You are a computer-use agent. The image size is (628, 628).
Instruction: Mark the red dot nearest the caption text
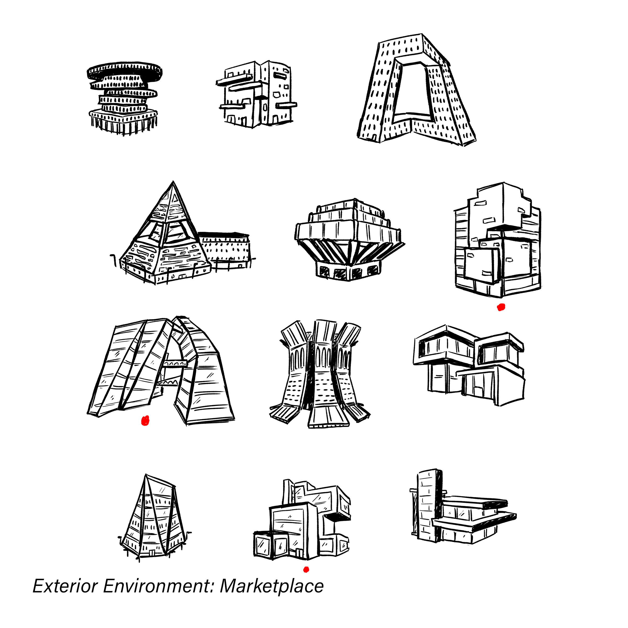[x=306, y=569]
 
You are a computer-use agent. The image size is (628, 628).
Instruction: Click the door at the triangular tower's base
[x=152, y=553]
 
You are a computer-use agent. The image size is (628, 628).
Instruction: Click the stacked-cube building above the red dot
[x=497, y=240]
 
